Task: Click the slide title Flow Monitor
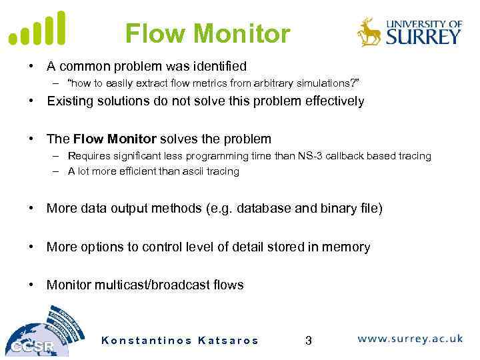[x=207, y=33]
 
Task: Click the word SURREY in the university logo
[x=422, y=36]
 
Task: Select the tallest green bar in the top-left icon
[x=61, y=27]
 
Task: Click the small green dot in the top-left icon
[x=13, y=39]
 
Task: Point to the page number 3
[x=308, y=341]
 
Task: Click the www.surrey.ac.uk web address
[x=409, y=339]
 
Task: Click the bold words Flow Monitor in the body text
[x=115, y=139]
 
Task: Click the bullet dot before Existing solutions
[x=31, y=101]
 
